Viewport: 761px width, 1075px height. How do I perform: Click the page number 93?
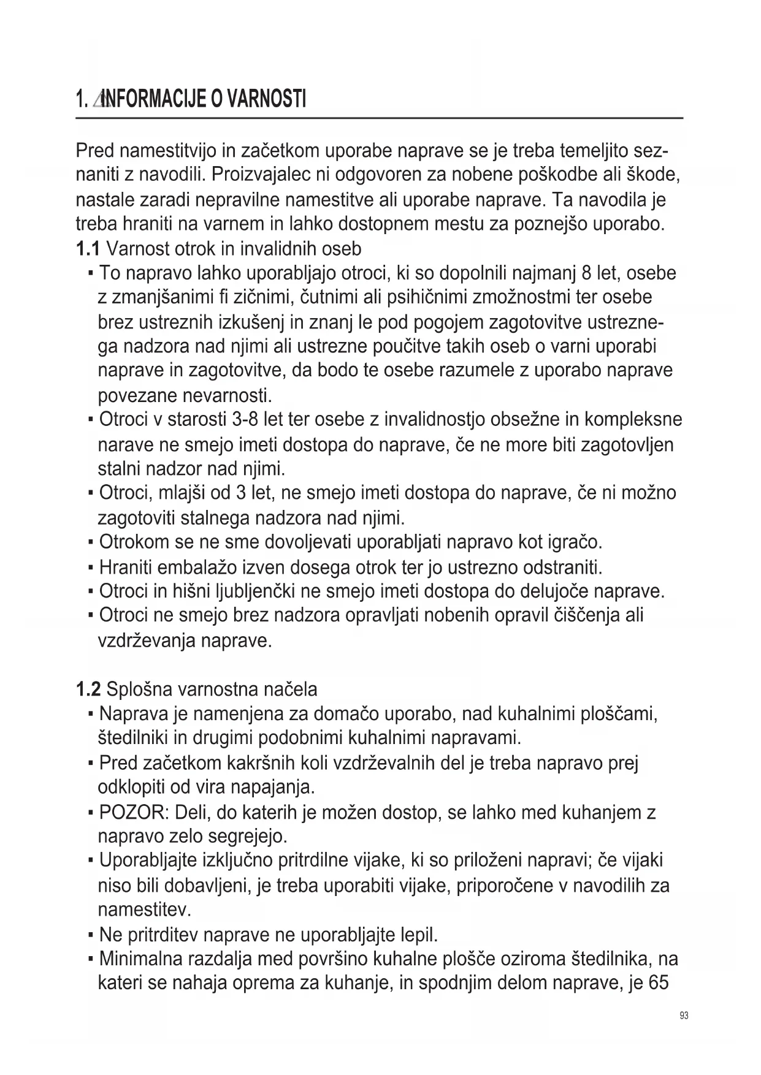(x=684, y=1016)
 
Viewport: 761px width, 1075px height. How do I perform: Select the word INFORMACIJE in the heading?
(x=153, y=99)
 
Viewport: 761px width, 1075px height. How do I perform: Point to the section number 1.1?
(x=87, y=249)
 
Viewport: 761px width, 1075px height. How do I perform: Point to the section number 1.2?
(x=88, y=689)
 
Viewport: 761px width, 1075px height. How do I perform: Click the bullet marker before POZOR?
(x=90, y=813)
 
